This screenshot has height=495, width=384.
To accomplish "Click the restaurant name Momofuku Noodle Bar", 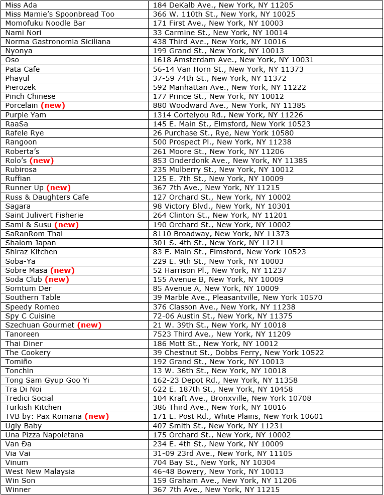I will [45, 23].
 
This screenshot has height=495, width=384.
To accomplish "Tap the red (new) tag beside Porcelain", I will [53, 105].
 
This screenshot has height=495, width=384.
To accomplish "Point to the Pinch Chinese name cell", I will [30, 96].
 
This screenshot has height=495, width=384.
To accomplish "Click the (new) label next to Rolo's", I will [42, 160].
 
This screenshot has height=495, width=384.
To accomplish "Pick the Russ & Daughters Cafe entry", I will [47, 197].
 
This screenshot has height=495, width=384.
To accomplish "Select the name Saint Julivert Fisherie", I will [44, 215].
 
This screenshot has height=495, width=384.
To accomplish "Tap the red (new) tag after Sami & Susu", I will [66, 225].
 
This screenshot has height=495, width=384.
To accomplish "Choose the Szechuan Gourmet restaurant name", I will [40, 325].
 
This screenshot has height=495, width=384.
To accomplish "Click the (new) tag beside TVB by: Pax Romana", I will [96, 416].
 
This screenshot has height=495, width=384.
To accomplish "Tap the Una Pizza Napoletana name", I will [44, 435].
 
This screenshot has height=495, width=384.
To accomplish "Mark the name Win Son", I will [20, 480].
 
